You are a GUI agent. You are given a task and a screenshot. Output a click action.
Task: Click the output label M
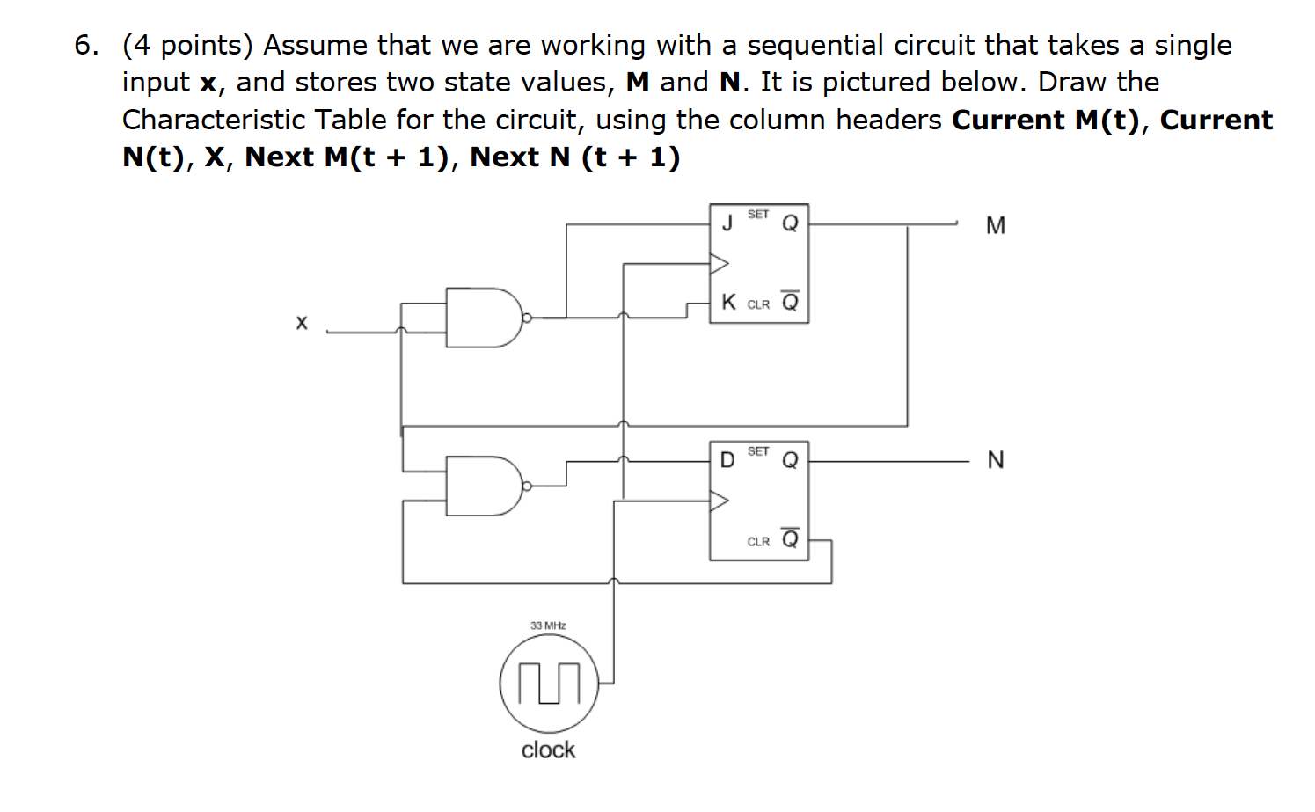point(995,226)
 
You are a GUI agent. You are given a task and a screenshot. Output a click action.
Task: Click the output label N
point(995,460)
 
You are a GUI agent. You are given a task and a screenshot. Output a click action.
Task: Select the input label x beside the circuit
point(302,323)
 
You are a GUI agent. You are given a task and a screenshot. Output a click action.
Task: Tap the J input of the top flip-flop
point(727,223)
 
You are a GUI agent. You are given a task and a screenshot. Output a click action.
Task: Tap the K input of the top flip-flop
point(728,303)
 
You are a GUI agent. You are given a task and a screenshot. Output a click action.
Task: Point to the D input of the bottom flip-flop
point(727,460)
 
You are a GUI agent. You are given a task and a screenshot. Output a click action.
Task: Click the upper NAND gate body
point(482,317)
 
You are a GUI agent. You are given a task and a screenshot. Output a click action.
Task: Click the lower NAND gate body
point(482,485)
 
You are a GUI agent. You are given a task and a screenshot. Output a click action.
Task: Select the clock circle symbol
point(549,684)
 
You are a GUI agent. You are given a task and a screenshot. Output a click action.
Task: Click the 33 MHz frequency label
point(548,625)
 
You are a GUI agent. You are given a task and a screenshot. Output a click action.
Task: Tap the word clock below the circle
point(548,750)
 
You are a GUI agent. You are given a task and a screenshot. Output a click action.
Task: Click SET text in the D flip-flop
point(758,451)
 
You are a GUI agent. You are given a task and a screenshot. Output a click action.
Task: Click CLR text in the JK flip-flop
point(758,304)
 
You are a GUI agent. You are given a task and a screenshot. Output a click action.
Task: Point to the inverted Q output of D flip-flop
point(790,538)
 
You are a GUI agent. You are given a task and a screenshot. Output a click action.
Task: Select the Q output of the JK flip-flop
point(790,224)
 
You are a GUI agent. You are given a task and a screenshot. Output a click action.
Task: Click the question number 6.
point(85,46)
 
